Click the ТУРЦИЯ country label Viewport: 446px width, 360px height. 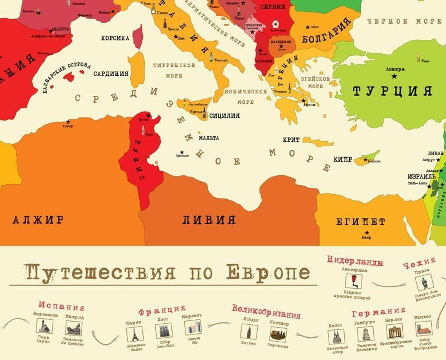pos(392,91)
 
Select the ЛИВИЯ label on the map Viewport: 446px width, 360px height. pos(209,220)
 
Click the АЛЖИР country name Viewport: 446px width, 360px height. pos(38,220)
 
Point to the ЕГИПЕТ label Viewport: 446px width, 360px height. pos(360,221)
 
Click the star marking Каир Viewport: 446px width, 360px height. pos(367,233)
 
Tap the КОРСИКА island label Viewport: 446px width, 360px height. pos(115,38)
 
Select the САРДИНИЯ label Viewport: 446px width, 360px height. pos(111,74)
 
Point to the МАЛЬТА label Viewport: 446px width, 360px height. pos(209,138)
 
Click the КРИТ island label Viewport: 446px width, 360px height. pos(291,139)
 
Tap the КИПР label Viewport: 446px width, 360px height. pos(343,159)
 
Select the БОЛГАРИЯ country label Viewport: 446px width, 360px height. pos(325,37)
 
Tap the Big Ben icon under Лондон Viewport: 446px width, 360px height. pos(248,331)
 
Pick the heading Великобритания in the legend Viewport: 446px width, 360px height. pos(263,308)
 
